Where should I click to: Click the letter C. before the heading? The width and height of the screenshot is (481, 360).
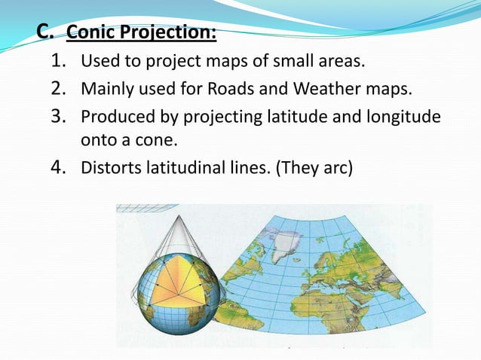(45, 32)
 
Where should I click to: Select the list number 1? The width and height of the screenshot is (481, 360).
(62, 61)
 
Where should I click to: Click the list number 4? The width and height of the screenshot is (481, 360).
(62, 167)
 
